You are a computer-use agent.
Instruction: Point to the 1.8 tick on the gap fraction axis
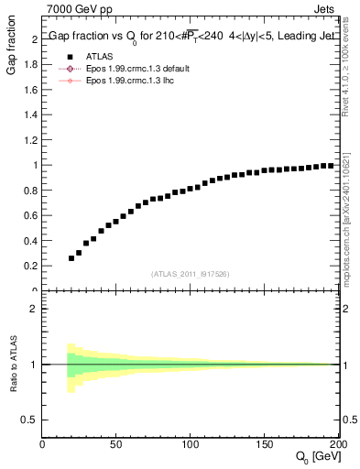30,65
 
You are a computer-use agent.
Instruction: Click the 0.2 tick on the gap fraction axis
30,266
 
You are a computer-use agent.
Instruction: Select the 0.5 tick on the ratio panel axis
30,420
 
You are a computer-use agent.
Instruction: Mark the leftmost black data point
71,258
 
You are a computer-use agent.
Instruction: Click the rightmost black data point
331,165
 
